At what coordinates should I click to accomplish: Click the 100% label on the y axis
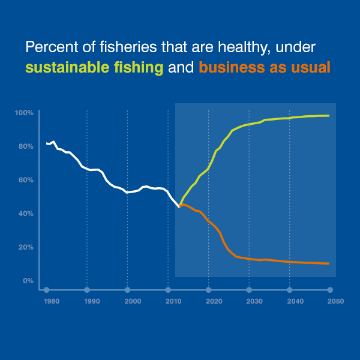pos(24,113)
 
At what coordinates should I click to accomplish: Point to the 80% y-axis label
pos(25,146)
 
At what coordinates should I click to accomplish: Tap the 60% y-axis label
pos(25,180)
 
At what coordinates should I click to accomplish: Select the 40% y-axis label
pos(25,214)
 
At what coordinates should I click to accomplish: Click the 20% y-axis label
pos(25,247)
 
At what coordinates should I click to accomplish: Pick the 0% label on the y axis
pos(27,281)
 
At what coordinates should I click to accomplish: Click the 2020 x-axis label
pos(214,301)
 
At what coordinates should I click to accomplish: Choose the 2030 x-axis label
pos(254,301)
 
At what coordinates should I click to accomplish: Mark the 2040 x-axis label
pos(295,301)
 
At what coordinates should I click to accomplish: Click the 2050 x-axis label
pos(335,301)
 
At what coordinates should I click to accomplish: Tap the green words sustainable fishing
pos(94,68)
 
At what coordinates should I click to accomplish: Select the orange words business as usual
pos(265,68)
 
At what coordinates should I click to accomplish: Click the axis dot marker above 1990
pos(87,290)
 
